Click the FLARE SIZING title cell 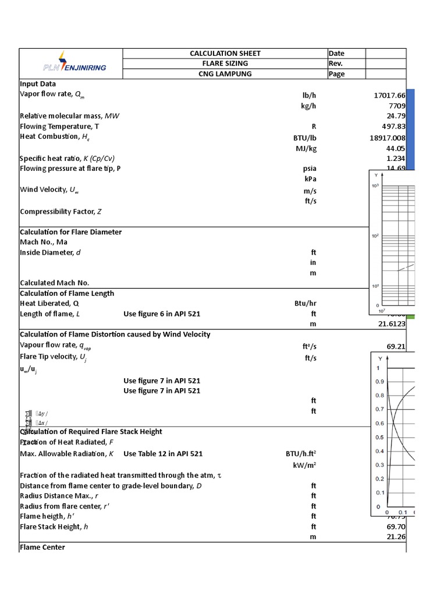click(x=225, y=63)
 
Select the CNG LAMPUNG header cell click(x=225, y=74)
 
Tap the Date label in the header click(x=336, y=53)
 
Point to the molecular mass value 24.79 click(x=395, y=116)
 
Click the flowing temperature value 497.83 click(x=392, y=127)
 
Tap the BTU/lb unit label click(x=306, y=138)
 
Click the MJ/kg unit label click(x=306, y=148)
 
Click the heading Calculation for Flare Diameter click(x=71, y=232)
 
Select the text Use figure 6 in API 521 click(x=162, y=314)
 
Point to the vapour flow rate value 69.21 click(x=396, y=346)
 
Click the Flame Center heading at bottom click(x=42, y=547)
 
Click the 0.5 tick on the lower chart click(x=379, y=438)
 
